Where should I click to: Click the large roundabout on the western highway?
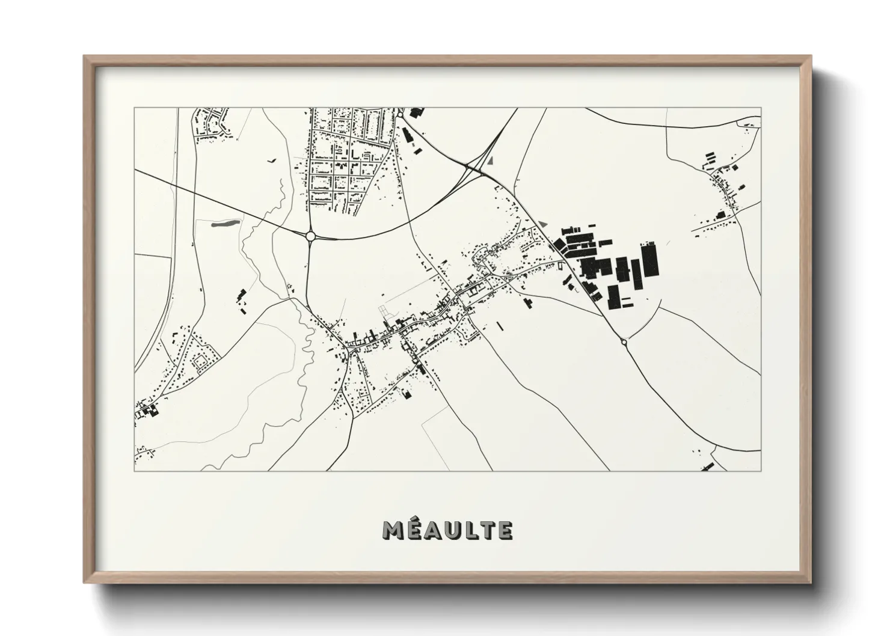[311, 236]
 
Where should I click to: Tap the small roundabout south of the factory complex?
[624, 342]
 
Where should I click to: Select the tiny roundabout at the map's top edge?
[399, 114]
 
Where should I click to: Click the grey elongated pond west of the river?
[224, 224]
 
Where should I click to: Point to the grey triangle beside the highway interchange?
[491, 161]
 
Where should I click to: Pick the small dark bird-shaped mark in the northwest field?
[271, 161]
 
